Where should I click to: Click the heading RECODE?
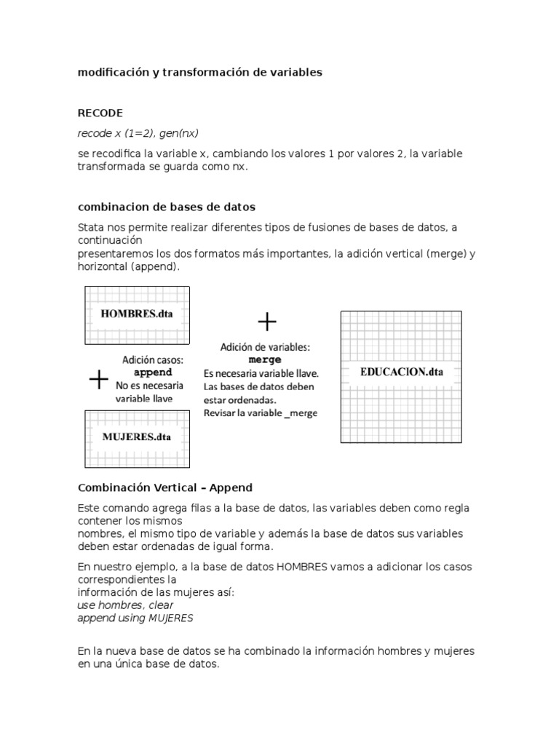click(x=100, y=113)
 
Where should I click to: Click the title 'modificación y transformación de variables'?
click(x=200, y=73)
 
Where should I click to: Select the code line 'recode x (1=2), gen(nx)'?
click(x=138, y=133)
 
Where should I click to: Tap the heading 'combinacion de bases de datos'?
click(x=167, y=207)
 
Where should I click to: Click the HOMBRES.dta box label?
click(x=138, y=314)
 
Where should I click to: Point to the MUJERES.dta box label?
click(x=137, y=437)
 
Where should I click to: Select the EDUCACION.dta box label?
click(x=401, y=372)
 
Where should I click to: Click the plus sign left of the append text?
click(x=98, y=379)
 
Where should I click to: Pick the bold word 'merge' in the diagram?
click(x=265, y=360)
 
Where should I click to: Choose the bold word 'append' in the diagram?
click(x=153, y=372)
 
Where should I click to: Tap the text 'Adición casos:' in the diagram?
click(x=153, y=359)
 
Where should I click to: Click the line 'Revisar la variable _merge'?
click(x=261, y=413)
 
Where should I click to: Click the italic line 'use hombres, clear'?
click(x=125, y=605)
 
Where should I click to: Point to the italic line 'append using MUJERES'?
click(x=136, y=618)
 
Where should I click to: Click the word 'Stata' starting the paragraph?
click(x=91, y=228)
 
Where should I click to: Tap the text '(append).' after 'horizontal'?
click(x=156, y=267)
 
